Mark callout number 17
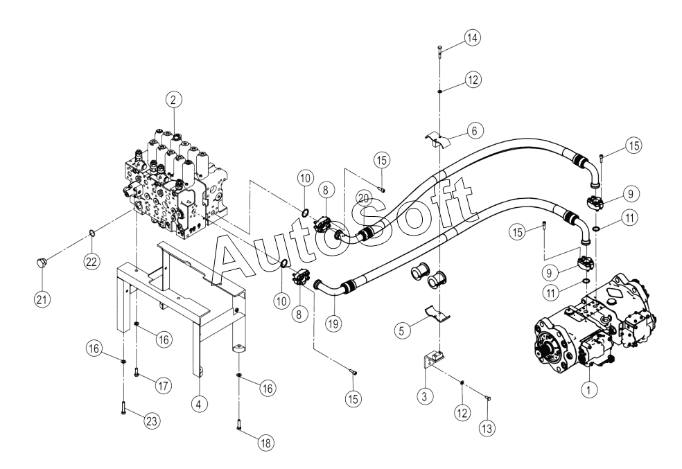[x=164, y=384]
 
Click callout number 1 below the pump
[x=588, y=390]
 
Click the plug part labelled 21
[x=42, y=263]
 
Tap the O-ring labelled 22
[x=91, y=233]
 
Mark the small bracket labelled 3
[x=433, y=360]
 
